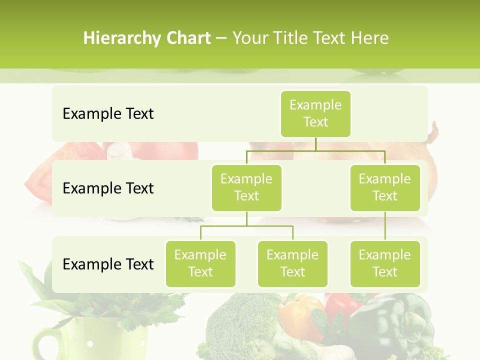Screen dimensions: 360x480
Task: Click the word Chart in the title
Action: (x=188, y=38)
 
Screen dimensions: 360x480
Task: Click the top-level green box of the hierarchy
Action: (x=315, y=114)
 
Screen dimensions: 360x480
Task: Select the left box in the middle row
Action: (x=246, y=187)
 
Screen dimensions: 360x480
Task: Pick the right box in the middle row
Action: (x=385, y=187)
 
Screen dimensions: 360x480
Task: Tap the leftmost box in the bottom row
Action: (x=200, y=263)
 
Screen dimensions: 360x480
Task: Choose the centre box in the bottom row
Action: (x=292, y=263)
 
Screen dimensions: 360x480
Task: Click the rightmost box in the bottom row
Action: (x=385, y=263)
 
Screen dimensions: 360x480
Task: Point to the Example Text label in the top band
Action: (x=108, y=114)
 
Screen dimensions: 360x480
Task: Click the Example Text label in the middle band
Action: (x=108, y=188)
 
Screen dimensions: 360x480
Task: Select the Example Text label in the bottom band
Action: (x=108, y=264)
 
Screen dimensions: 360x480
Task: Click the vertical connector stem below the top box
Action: (x=315, y=144)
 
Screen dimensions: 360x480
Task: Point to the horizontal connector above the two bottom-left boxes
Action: (x=246, y=226)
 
